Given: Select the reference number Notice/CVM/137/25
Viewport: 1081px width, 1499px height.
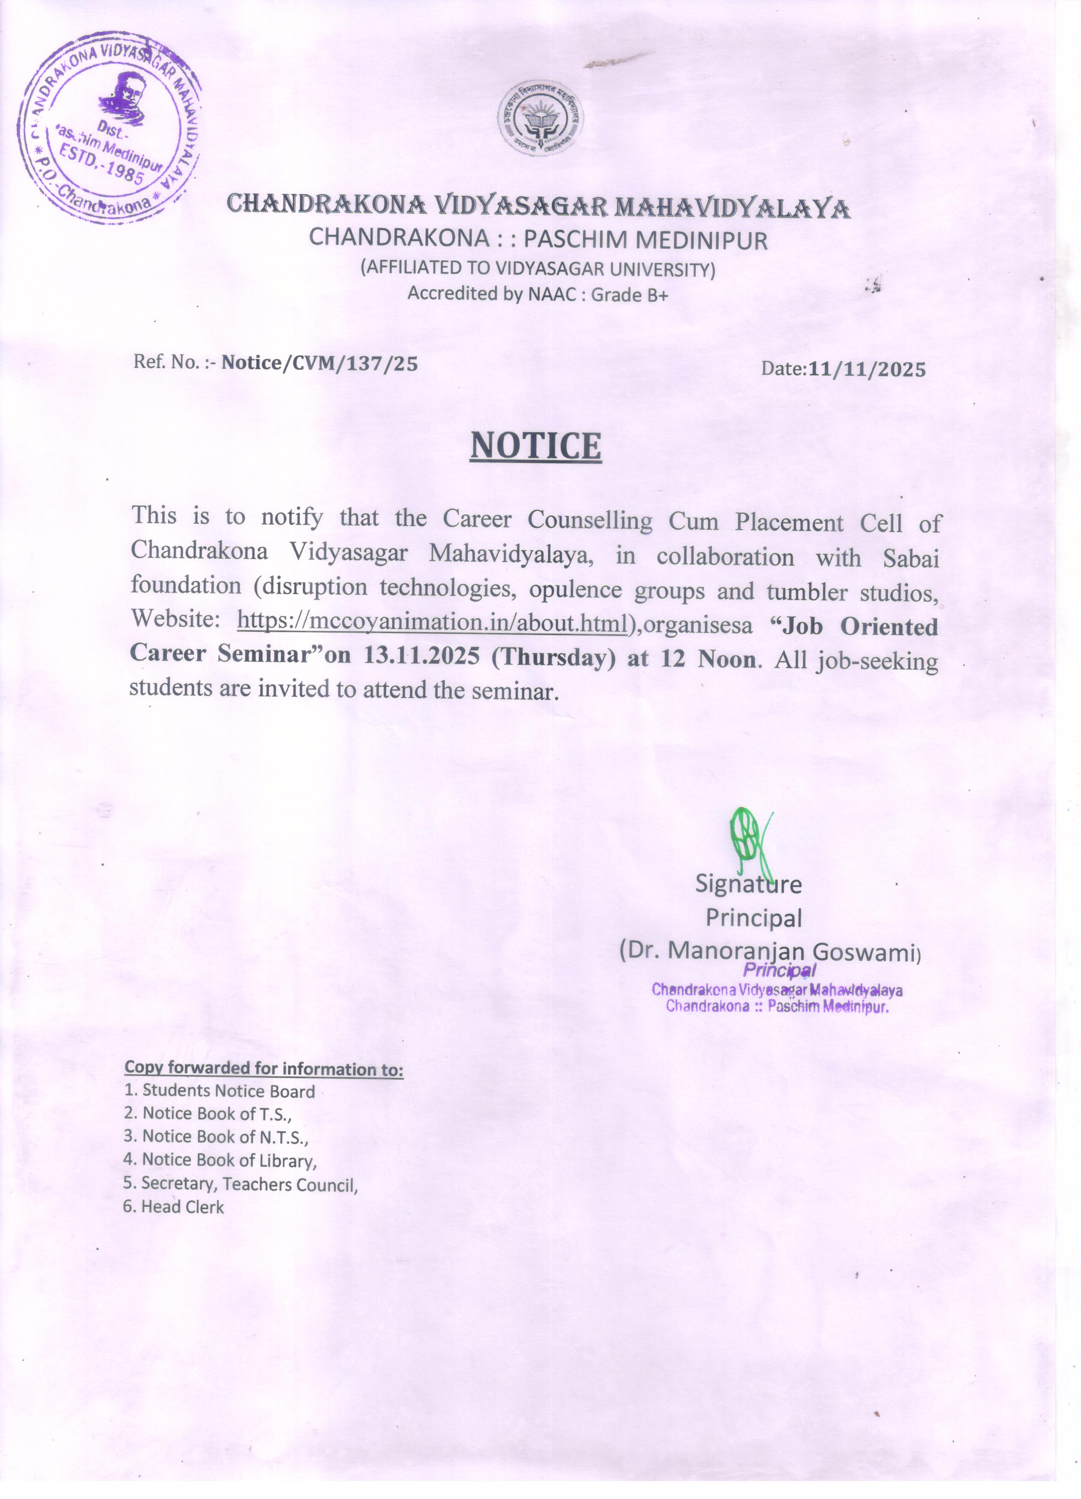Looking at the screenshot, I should tap(319, 363).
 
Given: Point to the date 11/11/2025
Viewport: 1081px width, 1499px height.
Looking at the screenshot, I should tap(866, 369).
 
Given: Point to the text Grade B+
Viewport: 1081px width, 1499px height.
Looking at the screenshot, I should tap(629, 295).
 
